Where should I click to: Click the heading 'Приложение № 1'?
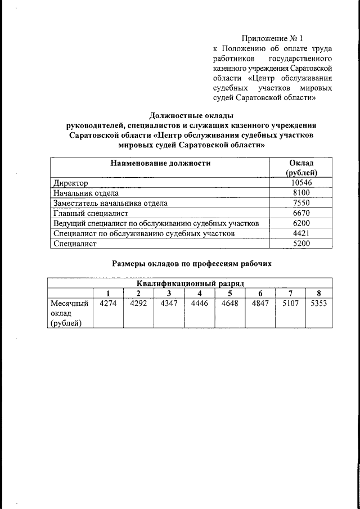[x=272, y=39]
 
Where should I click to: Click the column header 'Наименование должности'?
[x=160, y=163]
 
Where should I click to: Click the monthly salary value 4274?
[x=108, y=303]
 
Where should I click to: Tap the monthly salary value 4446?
[x=200, y=303]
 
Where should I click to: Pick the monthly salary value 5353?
[x=318, y=303]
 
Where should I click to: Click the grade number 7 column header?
[x=290, y=293]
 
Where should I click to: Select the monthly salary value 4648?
[x=229, y=303]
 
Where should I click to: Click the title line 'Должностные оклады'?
[x=191, y=115]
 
